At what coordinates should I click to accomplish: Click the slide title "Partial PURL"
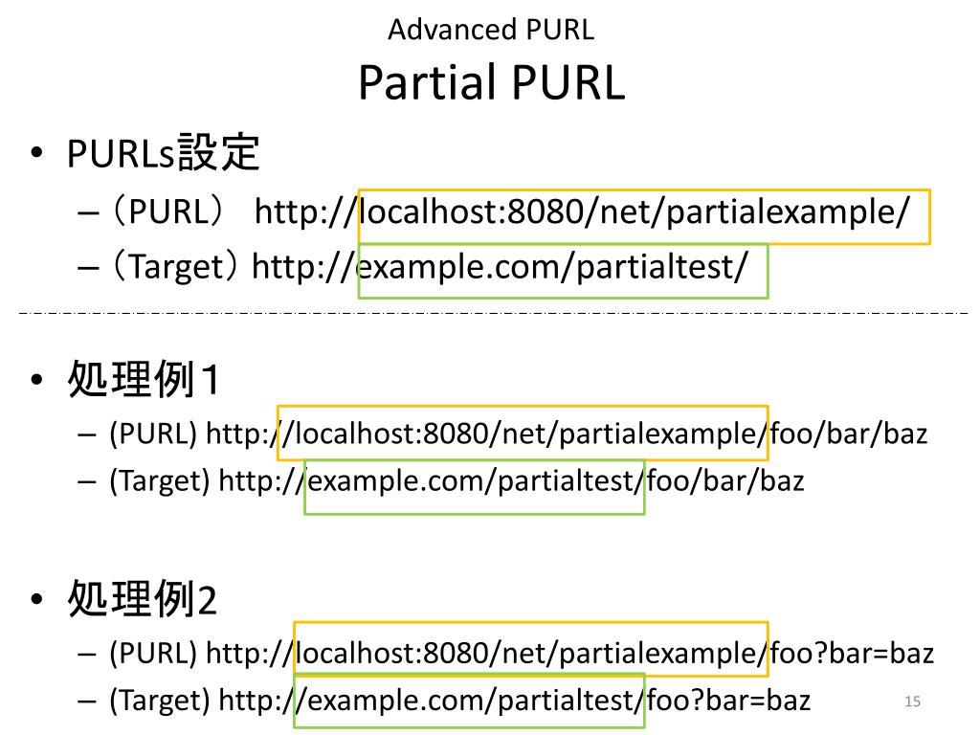491,83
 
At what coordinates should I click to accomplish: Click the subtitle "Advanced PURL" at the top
491,30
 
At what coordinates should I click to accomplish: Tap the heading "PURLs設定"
164,153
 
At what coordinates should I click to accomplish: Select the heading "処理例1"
144,381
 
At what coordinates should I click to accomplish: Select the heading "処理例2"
143,600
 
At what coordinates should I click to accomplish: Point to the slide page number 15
912,702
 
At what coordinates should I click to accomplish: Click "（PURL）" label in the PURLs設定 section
167,212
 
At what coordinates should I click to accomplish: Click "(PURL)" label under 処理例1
153,434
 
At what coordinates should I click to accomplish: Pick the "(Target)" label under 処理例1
159,479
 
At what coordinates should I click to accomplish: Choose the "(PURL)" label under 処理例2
153,654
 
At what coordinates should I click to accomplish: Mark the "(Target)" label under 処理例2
159,700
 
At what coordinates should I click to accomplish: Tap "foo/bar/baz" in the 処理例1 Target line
725,479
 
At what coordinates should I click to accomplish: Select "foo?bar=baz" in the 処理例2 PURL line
852,654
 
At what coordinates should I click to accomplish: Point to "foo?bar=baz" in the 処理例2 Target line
728,700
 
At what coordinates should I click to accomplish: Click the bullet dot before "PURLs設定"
36,155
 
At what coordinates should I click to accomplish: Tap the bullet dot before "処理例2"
36,602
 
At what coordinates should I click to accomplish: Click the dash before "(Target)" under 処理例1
88,481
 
